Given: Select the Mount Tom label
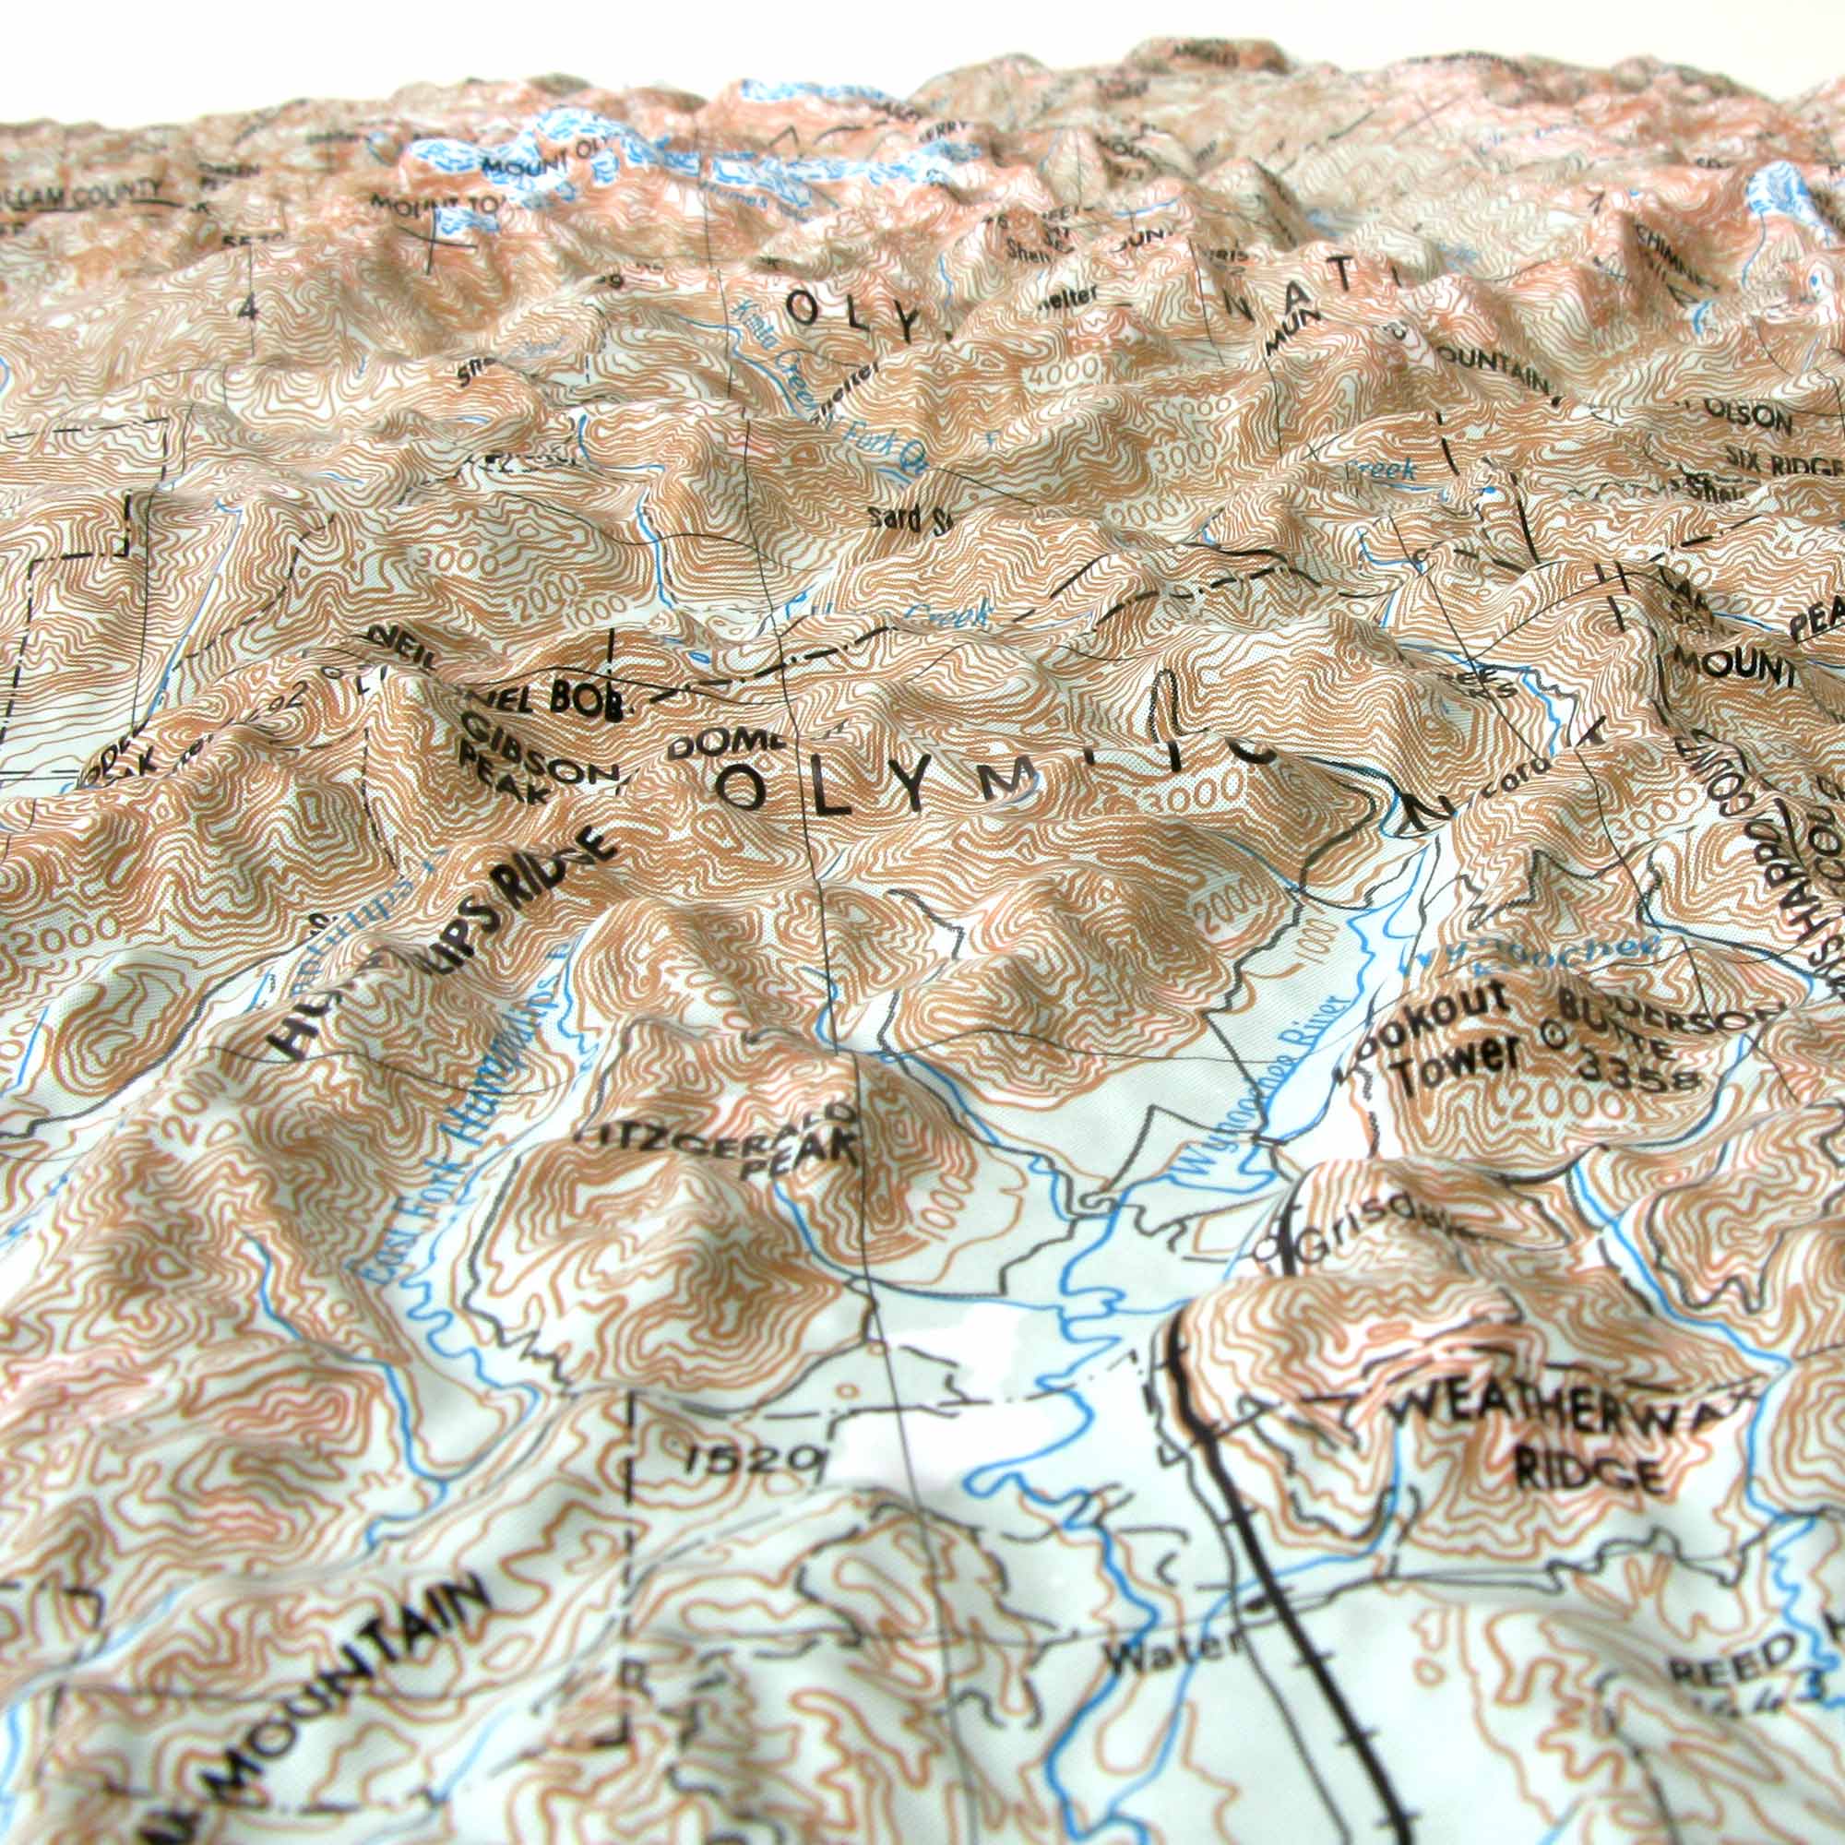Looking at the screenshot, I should pos(420,206).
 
